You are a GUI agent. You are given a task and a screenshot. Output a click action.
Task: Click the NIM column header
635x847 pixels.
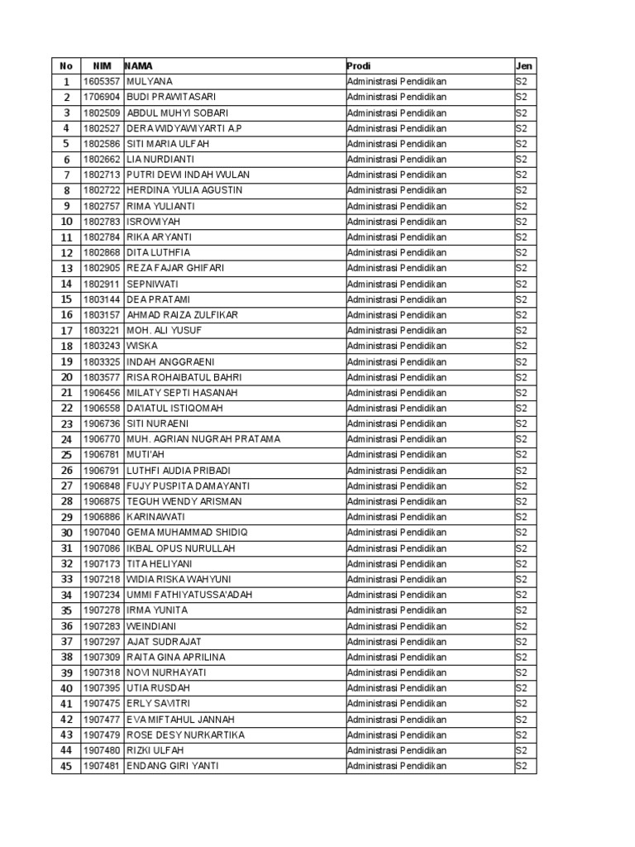click(102, 65)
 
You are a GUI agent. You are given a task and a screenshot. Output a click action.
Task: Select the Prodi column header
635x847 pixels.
click(359, 65)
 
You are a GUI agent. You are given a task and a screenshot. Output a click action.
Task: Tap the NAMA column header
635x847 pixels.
click(139, 65)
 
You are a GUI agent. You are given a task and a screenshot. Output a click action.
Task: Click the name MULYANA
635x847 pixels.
click(150, 81)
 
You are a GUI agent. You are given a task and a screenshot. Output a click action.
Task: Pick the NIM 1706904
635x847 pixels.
click(102, 97)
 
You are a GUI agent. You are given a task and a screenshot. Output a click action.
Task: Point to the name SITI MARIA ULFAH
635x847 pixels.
click(168, 144)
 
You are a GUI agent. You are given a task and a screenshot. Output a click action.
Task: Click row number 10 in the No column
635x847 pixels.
click(66, 222)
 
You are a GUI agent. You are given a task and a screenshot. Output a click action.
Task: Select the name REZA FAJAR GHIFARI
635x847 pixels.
click(175, 268)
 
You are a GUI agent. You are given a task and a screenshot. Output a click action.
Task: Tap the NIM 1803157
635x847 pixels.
click(102, 315)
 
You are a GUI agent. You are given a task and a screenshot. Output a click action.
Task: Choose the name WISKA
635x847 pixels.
click(141, 346)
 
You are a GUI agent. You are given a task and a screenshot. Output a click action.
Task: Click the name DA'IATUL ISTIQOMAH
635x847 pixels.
click(174, 409)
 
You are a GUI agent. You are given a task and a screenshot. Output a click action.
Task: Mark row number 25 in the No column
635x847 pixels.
click(66, 455)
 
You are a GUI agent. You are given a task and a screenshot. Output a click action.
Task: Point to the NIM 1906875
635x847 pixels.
click(102, 501)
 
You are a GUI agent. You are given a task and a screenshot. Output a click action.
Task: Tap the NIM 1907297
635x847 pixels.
click(102, 642)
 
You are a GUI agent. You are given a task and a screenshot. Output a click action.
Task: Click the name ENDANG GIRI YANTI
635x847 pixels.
click(173, 766)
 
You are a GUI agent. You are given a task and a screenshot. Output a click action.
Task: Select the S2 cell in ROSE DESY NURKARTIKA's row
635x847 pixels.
click(521, 735)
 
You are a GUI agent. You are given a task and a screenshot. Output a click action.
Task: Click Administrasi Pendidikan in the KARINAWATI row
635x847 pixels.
click(397, 517)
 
